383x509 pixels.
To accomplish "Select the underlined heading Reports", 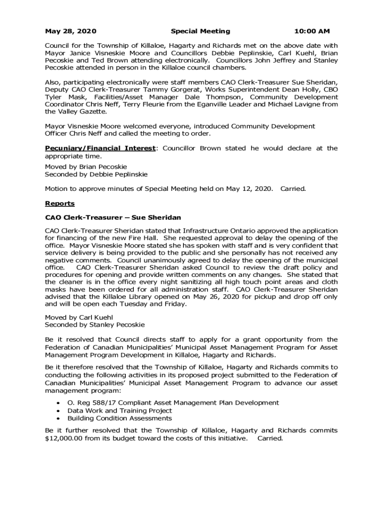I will click(60, 203).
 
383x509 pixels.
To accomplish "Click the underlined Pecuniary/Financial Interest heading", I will click(101, 148).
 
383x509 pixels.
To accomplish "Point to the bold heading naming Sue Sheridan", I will click(113, 218).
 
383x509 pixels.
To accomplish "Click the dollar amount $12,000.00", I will click(68, 438).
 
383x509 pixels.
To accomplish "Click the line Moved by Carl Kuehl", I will click(79, 317).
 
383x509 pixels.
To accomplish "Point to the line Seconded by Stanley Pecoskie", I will click(95, 325).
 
